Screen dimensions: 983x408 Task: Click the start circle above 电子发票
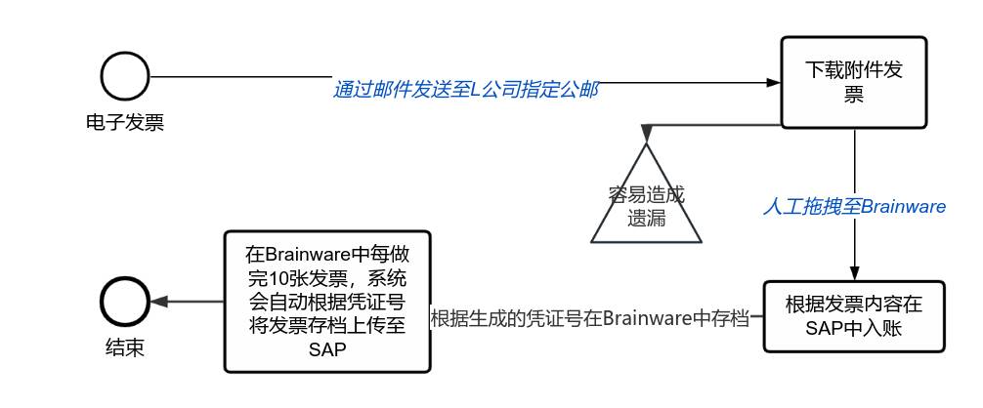pos(125,76)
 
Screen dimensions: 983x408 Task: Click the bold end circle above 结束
pos(125,302)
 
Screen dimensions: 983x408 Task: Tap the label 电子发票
pos(125,123)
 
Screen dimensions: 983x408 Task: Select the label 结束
pos(125,347)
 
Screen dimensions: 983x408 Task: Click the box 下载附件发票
pos(854,82)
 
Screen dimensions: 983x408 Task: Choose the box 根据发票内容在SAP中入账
pos(854,317)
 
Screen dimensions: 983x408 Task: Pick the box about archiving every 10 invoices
pos(326,302)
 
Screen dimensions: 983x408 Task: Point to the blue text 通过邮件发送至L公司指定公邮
pos(465,90)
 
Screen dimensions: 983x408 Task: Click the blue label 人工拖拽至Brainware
pos(854,206)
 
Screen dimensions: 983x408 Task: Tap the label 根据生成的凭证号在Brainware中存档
pos(589,317)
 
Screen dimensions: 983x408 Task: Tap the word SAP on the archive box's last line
pos(326,350)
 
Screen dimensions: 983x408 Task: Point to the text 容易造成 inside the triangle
pos(646,194)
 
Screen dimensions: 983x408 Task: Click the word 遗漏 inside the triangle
pos(646,218)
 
